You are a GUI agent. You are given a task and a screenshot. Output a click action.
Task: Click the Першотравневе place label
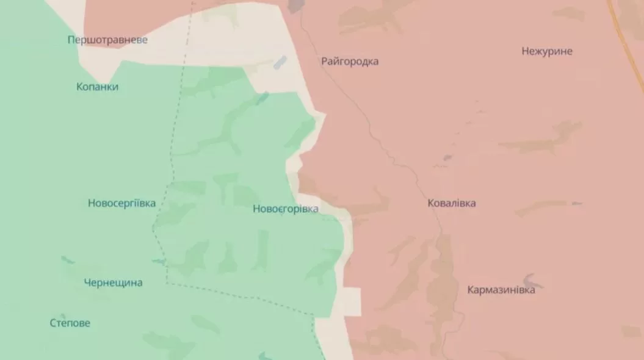107,40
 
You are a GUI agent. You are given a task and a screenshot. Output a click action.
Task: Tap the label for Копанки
97,87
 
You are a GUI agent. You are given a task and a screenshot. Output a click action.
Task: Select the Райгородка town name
350,62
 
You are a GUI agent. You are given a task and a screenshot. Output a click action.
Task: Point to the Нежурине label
547,51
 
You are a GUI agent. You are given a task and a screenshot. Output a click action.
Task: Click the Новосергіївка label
121,203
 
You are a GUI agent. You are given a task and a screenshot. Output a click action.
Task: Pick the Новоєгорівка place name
285,209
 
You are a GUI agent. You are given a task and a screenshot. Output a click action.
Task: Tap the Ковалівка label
452,203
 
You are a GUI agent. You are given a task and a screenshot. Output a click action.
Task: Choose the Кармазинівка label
501,290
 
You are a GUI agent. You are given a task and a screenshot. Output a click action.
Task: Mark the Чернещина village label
113,283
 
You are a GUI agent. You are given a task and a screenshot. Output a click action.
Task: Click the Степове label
70,323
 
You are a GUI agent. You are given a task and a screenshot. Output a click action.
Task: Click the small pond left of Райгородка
280,62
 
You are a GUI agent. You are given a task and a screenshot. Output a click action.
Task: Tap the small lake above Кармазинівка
533,278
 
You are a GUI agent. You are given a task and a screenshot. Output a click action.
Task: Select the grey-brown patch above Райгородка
295,6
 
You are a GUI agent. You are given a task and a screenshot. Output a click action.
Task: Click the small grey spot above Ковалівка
447,158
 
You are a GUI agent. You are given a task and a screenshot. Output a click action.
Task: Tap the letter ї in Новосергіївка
137,203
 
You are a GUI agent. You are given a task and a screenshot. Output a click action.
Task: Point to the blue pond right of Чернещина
158,262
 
